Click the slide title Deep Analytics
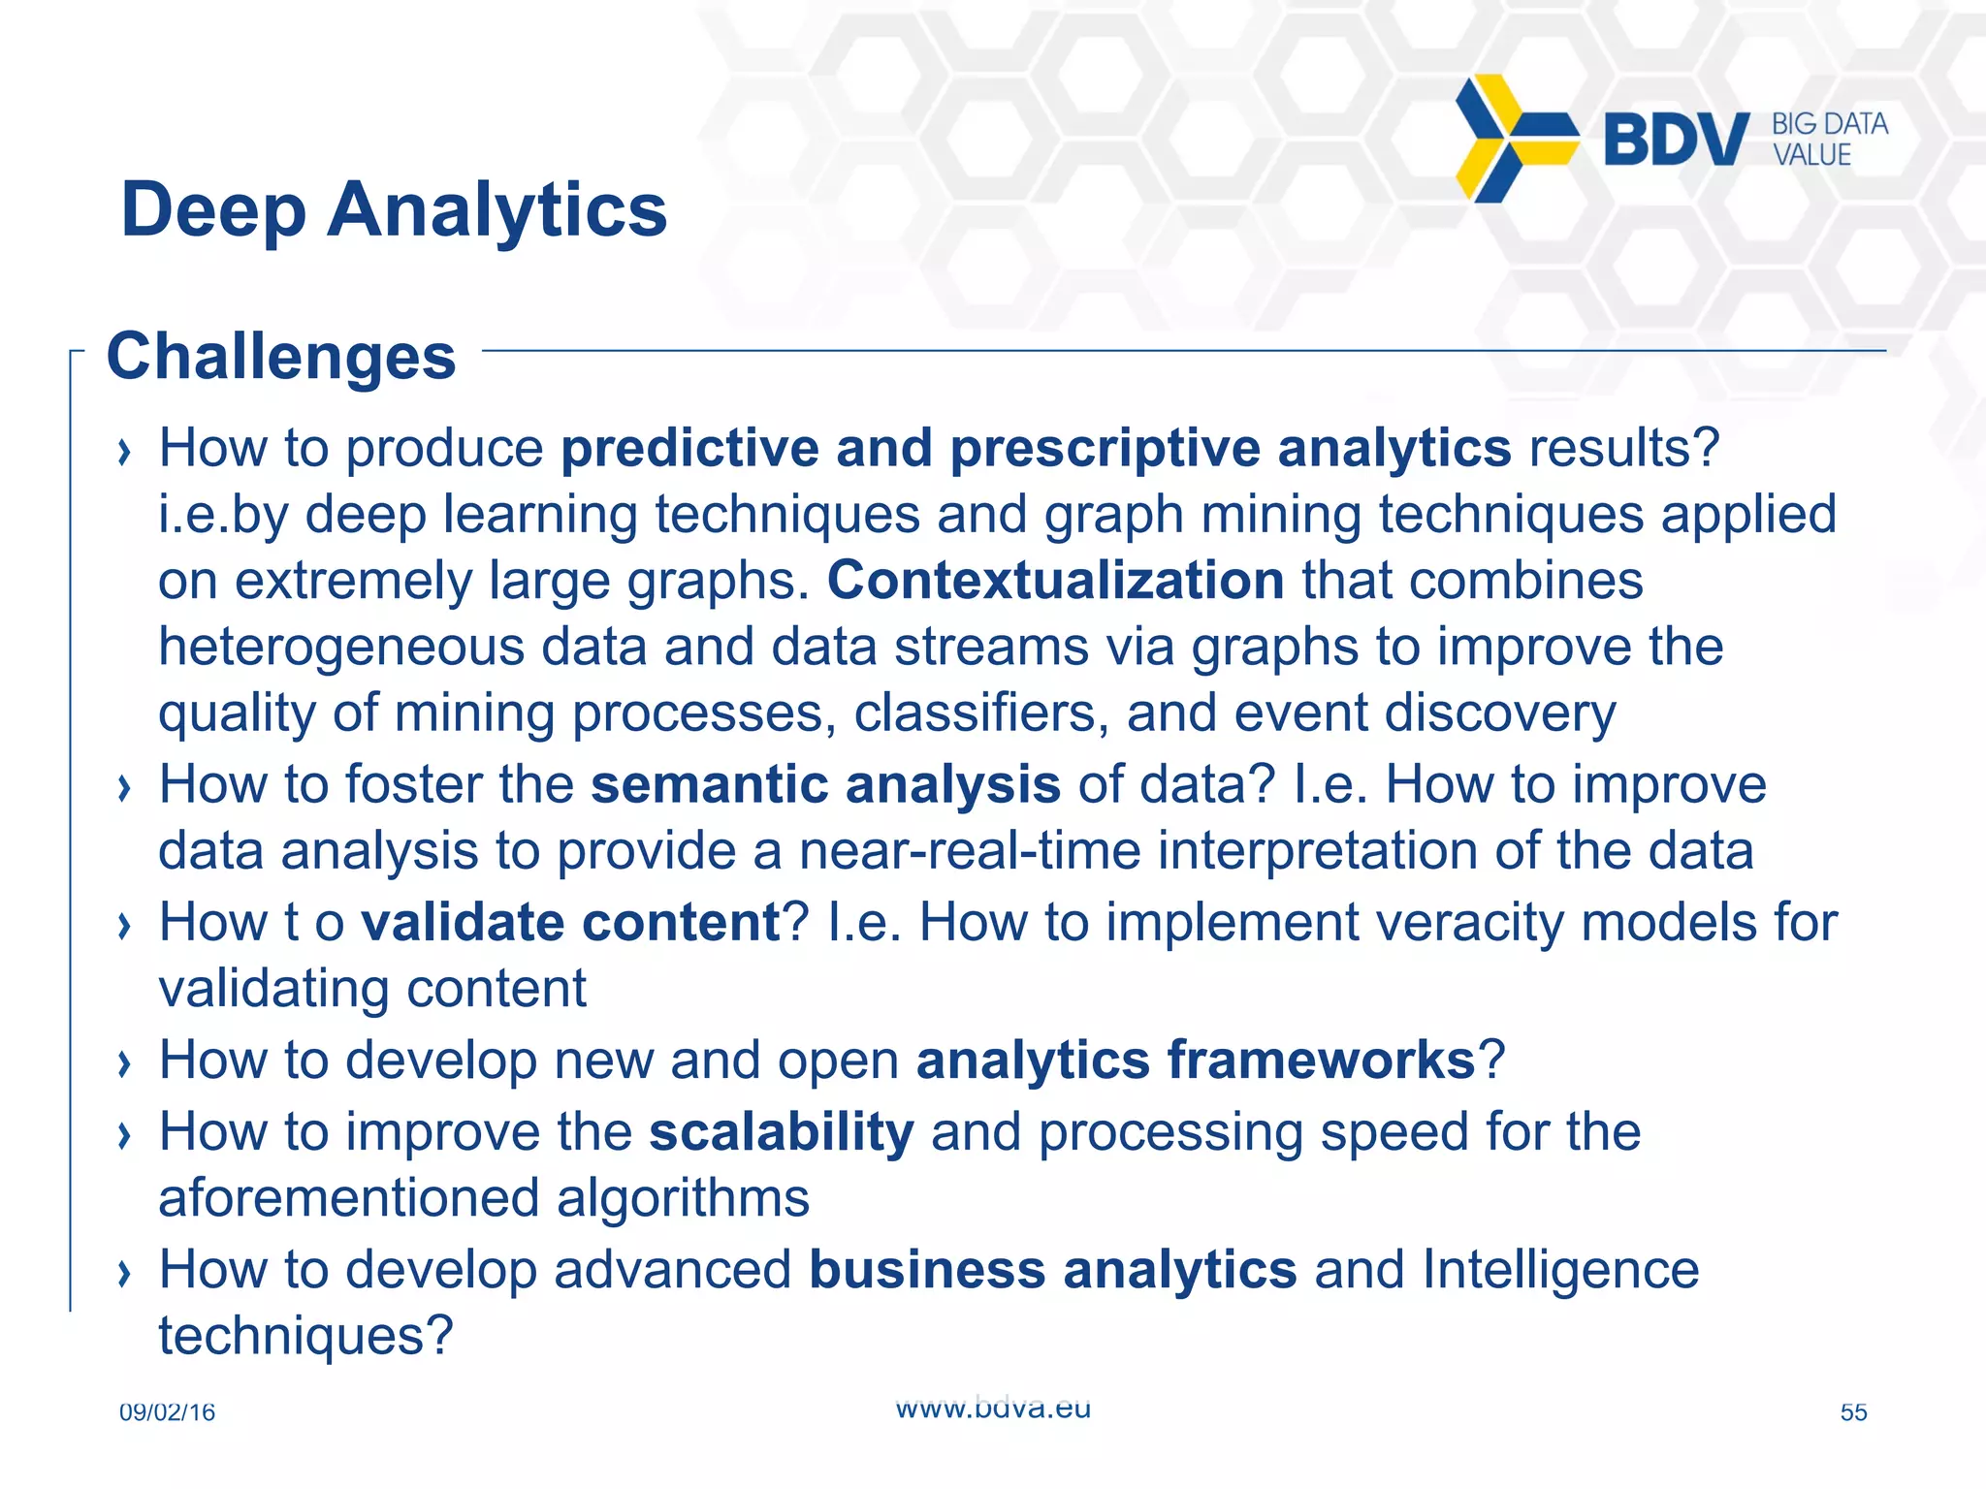point(394,210)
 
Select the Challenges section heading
point(281,357)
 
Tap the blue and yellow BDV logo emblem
point(1515,139)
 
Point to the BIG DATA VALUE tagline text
point(1829,140)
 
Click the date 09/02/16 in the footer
point(167,1412)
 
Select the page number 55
point(1853,1412)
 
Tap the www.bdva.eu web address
point(993,1408)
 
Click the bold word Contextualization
point(1055,581)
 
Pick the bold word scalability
point(781,1132)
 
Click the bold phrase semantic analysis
point(825,784)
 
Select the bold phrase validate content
point(570,922)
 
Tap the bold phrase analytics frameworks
point(1195,1060)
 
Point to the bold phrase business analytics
point(1052,1270)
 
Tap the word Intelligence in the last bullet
point(1560,1270)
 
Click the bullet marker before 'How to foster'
point(123,788)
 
